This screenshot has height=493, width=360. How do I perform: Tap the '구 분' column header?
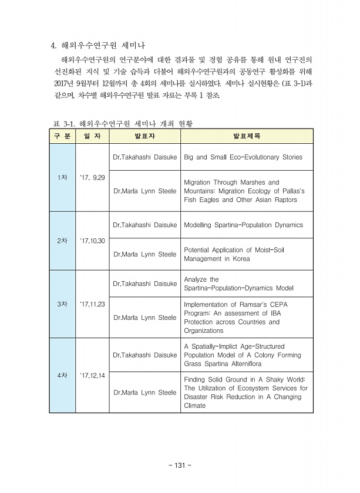coord(62,136)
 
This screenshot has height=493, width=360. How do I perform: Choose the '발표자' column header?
coord(144,136)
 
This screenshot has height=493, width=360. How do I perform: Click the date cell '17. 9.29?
coord(92,177)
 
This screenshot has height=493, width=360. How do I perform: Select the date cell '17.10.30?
coord(92,241)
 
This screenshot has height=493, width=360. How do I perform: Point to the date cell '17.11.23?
coord(92,304)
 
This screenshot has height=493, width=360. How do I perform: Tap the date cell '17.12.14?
coord(92,376)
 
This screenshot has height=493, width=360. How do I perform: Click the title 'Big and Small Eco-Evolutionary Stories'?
coord(243,157)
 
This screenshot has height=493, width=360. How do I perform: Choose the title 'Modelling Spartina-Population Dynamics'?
coord(243,225)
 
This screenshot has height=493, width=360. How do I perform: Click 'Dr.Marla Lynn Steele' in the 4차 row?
coord(144,393)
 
